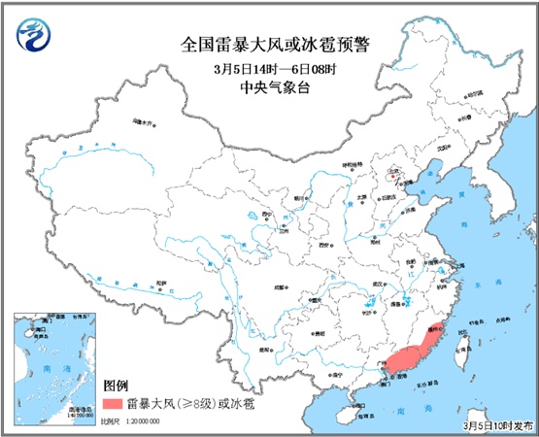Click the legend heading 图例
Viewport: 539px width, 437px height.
click(118, 384)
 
